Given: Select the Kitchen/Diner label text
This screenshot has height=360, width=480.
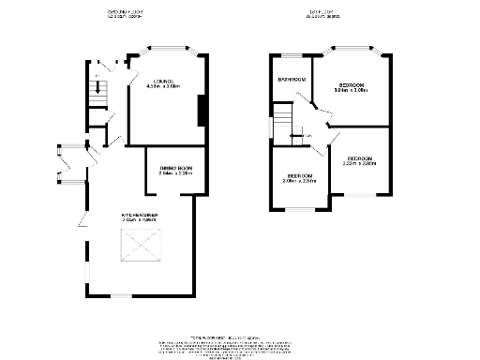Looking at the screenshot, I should point(139,215).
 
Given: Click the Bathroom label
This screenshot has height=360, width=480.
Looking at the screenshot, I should point(292,80).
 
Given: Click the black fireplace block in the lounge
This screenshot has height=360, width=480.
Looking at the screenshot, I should point(200,109).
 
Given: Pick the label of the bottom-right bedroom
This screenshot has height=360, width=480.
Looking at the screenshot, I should point(360,158).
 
